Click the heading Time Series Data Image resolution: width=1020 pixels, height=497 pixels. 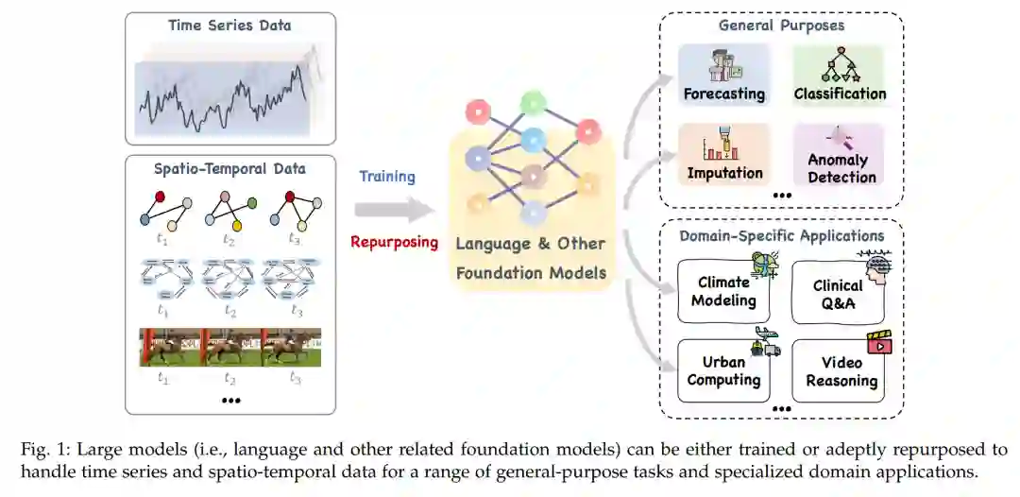[229, 26]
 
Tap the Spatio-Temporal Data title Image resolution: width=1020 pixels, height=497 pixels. [229, 169]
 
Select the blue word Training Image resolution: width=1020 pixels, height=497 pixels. [386, 177]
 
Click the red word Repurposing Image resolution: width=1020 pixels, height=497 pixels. [394, 242]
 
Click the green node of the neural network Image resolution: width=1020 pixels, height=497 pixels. [533, 102]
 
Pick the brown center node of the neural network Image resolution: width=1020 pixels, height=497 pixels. [533, 175]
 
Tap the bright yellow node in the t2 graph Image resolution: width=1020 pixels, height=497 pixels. [237, 226]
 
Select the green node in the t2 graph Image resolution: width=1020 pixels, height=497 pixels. [254, 202]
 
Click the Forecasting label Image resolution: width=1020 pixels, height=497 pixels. [723, 94]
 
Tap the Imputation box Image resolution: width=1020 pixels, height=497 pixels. [724, 155]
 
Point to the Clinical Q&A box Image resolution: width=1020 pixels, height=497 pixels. [839, 292]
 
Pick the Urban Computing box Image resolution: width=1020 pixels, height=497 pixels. [723, 369]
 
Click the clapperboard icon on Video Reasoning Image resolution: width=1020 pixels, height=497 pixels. [879, 342]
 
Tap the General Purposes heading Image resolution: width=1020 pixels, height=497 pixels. [781, 26]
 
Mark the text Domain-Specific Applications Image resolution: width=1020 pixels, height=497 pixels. [781, 235]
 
